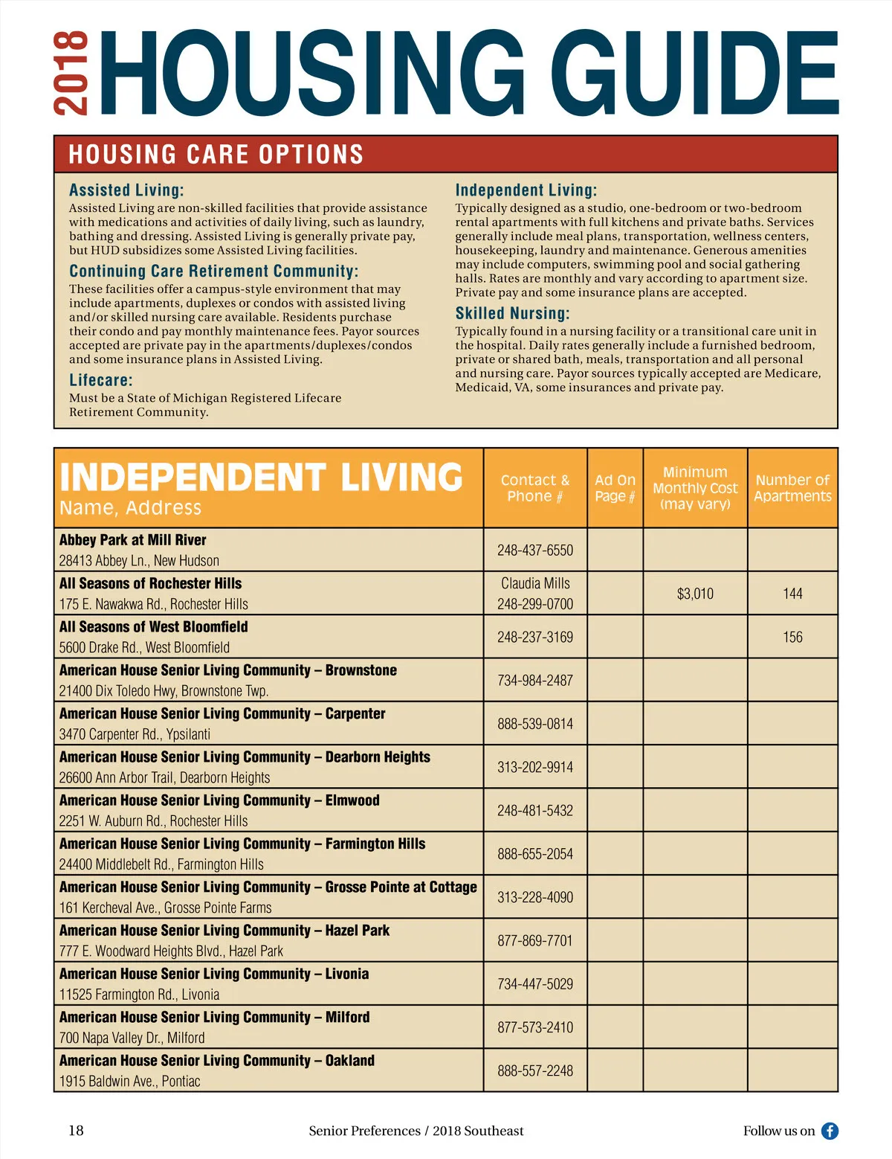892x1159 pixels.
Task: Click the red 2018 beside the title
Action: point(71,73)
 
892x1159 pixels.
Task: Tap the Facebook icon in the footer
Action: point(830,1131)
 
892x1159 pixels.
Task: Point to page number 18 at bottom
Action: point(76,1131)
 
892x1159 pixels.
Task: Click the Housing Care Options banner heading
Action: point(216,155)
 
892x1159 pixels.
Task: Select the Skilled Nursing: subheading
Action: point(512,313)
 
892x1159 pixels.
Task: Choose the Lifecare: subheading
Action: point(100,380)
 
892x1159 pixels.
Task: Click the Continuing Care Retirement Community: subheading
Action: point(213,271)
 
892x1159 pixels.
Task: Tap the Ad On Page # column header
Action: point(615,488)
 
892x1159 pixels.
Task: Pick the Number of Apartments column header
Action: point(792,488)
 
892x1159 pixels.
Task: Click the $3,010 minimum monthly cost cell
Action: point(695,594)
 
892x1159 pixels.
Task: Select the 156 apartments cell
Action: point(792,637)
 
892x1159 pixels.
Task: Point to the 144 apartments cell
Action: point(792,594)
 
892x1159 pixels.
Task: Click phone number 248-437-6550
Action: point(535,550)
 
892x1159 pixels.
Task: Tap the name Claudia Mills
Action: point(535,583)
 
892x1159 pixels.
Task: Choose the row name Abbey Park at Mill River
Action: point(133,540)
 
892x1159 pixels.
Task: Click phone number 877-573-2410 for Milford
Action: point(535,1027)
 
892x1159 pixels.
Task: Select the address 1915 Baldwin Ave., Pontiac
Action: point(129,1081)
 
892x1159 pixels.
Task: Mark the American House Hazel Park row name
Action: point(224,931)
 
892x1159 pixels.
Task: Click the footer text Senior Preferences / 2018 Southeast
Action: point(416,1131)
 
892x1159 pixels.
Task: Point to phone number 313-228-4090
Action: point(535,897)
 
